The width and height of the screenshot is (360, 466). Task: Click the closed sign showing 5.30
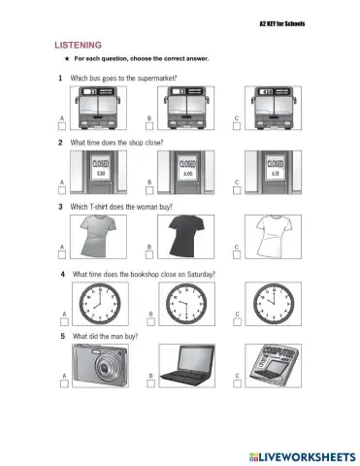[x=102, y=169]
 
